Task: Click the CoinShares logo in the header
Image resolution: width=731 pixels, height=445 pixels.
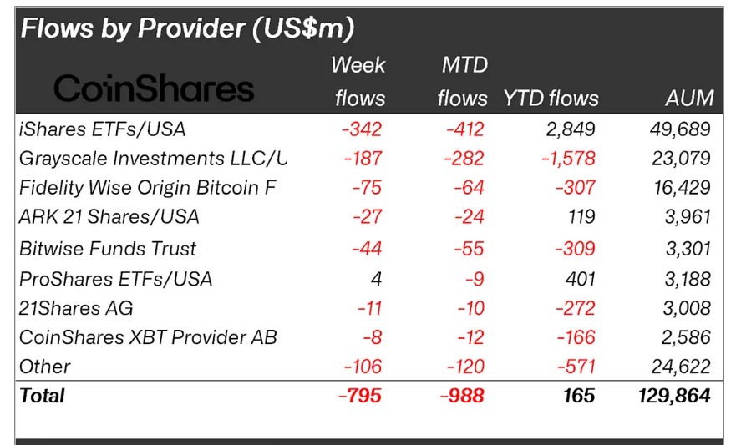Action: click(x=154, y=88)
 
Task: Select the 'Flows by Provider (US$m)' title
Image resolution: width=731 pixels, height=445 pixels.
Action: click(x=187, y=28)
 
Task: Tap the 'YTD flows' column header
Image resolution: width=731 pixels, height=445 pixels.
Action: click(x=551, y=98)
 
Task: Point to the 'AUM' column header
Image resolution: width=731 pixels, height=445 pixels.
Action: click(x=689, y=98)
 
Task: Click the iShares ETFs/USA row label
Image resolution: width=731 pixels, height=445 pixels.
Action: click(x=102, y=129)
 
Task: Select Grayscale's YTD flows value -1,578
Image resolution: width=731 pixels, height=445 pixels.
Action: click(x=566, y=158)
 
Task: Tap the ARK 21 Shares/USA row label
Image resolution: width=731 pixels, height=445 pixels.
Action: click(x=109, y=217)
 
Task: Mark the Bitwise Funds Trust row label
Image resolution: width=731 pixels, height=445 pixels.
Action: click(x=108, y=248)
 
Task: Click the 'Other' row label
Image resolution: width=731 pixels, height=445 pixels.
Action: click(x=45, y=367)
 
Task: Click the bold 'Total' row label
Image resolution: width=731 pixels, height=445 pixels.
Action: click(x=43, y=395)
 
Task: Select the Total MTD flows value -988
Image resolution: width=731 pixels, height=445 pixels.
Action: click(x=462, y=395)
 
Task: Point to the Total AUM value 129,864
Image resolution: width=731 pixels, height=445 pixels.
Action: click(x=673, y=395)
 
